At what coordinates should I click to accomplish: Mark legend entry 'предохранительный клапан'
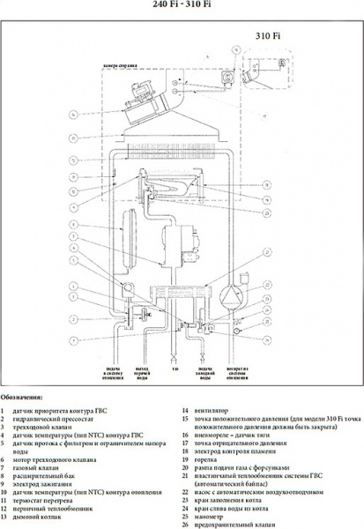pos(229,525)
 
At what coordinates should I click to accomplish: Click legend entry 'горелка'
pos(205,459)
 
